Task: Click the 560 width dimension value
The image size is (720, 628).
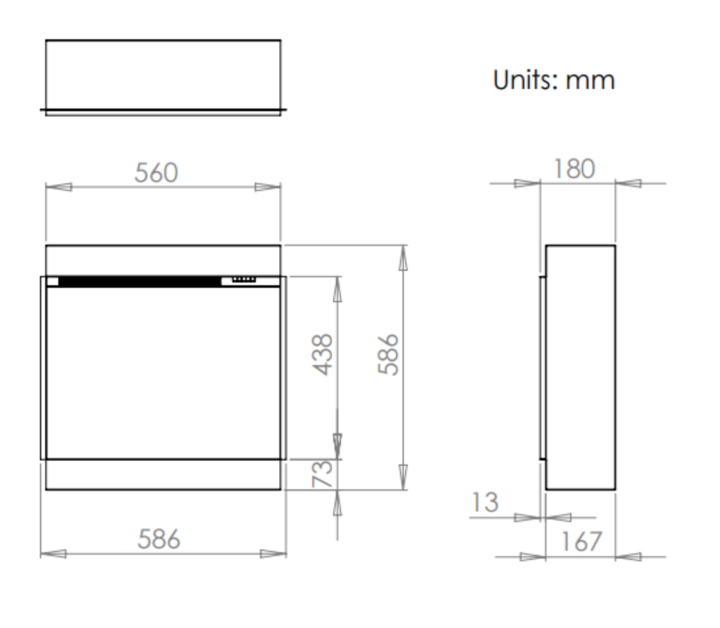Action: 156,173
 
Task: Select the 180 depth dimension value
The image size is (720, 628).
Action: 574,169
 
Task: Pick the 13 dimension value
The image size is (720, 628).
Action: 485,502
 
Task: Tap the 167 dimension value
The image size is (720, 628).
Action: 581,542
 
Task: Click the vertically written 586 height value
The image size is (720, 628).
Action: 388,354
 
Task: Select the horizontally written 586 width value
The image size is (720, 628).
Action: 158,540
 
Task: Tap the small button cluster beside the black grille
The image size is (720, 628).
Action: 243,280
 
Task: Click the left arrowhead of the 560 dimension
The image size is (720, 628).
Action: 58,187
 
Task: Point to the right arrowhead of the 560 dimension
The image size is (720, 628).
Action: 268,187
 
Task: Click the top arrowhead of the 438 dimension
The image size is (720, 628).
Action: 338,289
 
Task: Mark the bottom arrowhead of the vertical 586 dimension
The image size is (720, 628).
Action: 403,477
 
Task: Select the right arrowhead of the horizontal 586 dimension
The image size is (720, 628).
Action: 273,554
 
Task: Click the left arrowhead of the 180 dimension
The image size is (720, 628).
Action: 528,183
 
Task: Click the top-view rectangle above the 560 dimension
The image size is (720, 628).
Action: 163,75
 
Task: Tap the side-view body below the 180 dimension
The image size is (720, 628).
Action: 581,366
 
